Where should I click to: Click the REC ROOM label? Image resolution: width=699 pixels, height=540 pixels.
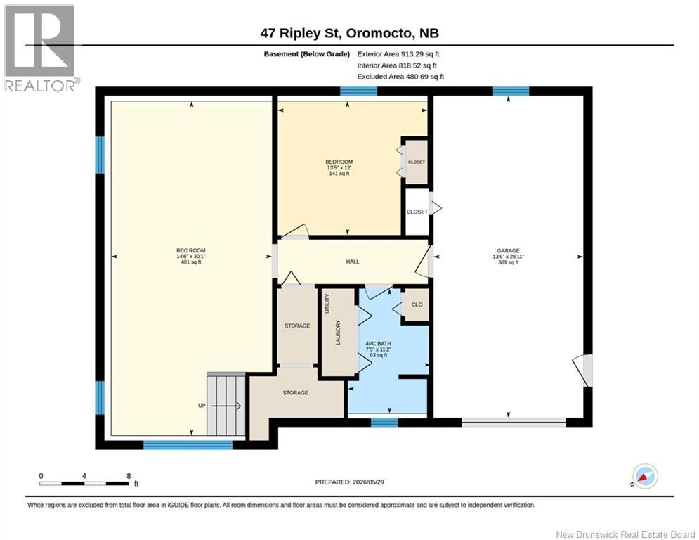point(191,250)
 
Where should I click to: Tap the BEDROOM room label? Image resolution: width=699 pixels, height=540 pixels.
point(339,162)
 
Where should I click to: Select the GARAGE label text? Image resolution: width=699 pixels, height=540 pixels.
point(508,251)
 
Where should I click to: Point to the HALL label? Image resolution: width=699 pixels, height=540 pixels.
point(353,262)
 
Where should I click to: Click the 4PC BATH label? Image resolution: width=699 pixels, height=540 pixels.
point(379,344)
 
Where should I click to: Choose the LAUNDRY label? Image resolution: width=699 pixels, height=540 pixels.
point(338,333)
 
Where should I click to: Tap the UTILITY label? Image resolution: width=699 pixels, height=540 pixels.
point(327,304)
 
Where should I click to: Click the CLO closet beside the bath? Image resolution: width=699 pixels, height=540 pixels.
point(417,304)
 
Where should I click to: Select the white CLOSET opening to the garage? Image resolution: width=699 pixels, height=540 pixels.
point(417,212)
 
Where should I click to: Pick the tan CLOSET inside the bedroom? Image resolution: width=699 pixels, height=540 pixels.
point(417,162)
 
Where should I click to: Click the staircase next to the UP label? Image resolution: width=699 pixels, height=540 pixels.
point(226,404)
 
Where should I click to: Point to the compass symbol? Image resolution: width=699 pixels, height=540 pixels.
point(646,476)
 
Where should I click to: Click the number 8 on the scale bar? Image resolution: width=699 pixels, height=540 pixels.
point(129,476)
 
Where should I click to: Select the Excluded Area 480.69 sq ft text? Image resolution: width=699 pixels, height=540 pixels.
point(400,77)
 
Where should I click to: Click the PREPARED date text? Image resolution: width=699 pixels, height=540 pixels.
point(350,482)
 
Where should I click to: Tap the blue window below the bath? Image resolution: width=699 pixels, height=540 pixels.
point(384,422)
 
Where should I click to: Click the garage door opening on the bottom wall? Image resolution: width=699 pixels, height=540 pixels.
point(514,422)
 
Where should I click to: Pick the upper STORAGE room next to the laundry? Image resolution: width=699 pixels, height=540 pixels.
point(297,326)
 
